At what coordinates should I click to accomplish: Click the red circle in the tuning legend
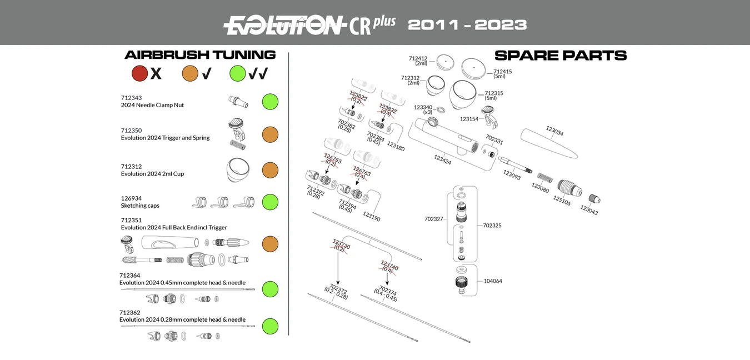pos(139,73)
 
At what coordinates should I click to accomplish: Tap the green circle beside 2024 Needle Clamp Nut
pos(270,102)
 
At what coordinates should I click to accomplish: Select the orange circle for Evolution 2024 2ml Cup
pos(270,170)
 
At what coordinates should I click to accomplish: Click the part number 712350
pos(131,131)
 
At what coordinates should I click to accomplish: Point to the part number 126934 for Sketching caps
pos(131,198)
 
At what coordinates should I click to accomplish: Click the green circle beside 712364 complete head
pos(270,289)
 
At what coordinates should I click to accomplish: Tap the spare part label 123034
pos(554,131)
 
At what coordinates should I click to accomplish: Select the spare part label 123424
pos(442,160)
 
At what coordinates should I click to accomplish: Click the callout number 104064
pos(493,281)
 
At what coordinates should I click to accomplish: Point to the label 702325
pos(492,226)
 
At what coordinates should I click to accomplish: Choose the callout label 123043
pos(589,210)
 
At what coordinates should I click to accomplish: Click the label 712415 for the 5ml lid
pos(503,71)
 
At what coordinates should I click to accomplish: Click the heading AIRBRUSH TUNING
pos(200,55)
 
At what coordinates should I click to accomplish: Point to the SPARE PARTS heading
pos(561,56)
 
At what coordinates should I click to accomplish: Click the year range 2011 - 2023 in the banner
pos(467,25)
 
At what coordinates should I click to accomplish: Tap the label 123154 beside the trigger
pos(469,119)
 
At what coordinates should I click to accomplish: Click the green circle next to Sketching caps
pos(270,202)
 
